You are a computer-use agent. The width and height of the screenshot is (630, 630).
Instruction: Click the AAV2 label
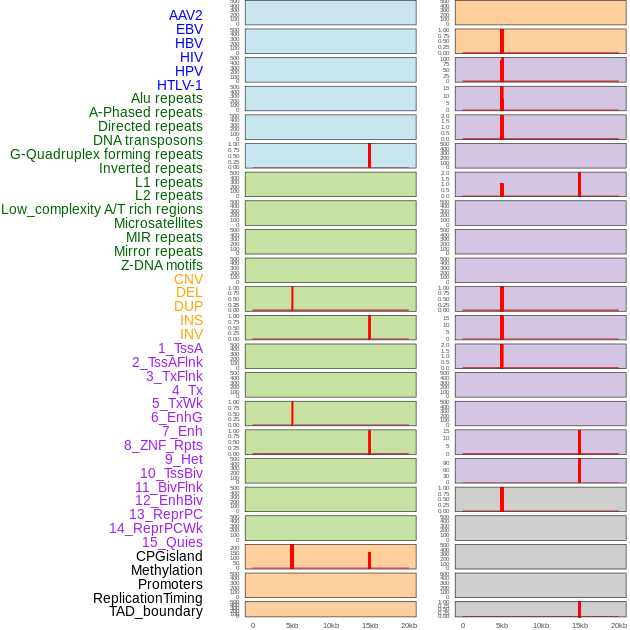[x=185, y=15]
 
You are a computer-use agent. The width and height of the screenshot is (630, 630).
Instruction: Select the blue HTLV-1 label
[x=179, y=85]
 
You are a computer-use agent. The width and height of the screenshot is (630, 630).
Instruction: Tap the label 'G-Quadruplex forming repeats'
[x=106, y=154]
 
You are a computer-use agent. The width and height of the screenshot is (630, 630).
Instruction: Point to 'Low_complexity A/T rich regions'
[x=102, y=209]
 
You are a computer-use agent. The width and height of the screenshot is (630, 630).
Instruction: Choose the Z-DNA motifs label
[x=162, y=265]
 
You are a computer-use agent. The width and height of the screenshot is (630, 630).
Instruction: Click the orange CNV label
[x=188, y=279]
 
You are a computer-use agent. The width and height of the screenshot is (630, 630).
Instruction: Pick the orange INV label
[x=191, y=334]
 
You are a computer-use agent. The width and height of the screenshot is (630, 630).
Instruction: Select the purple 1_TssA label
[x=180, y=348]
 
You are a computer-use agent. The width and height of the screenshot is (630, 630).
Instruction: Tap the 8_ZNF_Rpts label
[x=163, y=445]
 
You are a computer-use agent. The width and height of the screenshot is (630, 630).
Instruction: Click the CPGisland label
[x=169, y=556]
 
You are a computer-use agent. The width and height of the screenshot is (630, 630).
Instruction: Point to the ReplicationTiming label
[x=148, y=598]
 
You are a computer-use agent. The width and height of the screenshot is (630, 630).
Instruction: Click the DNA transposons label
[x=148, y=140]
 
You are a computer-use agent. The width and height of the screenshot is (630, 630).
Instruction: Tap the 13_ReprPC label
[x=165, y=514]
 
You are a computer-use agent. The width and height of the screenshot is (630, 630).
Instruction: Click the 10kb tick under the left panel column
[x=331, y=625]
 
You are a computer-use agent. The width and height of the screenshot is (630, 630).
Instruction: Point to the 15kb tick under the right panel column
[x=579, y=625]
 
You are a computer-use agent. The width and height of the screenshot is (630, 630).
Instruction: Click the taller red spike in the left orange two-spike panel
[x=291, y=556]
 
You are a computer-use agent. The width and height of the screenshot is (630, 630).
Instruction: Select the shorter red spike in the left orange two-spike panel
[x=369, y=560]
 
